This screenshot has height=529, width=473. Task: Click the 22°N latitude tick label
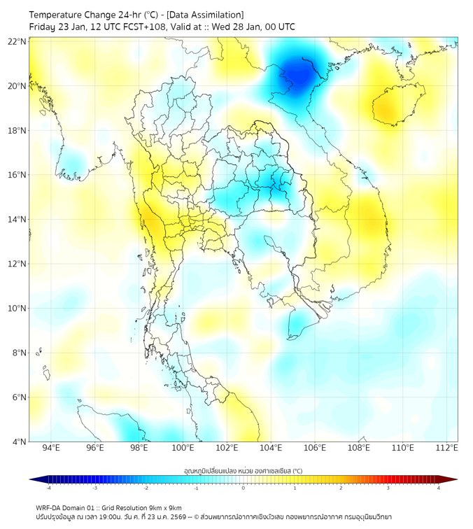17,42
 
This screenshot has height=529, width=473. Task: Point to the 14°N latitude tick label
17,220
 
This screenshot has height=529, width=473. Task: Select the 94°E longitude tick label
51,448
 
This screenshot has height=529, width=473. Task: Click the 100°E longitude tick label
183,448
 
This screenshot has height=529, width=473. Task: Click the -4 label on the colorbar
48,488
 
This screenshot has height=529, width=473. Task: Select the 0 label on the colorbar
243,488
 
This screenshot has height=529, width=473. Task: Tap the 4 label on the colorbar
439,488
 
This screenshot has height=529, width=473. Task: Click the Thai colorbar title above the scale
243,470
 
